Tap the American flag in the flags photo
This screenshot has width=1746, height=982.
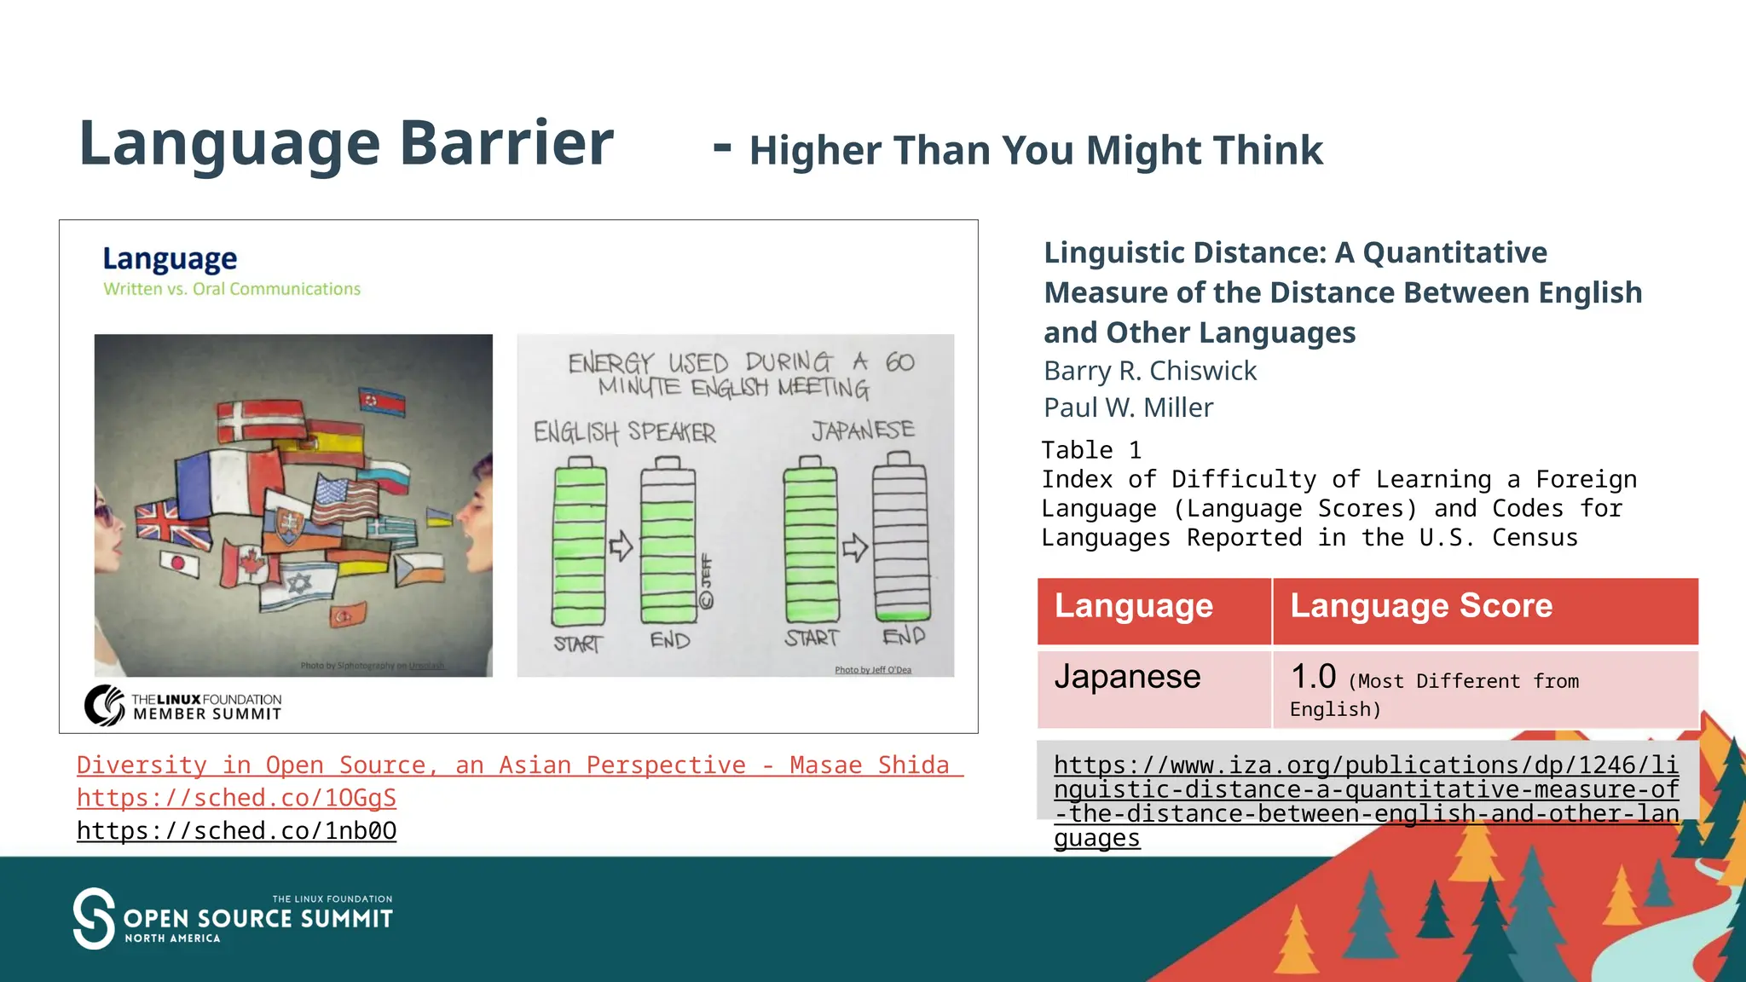(344, 500)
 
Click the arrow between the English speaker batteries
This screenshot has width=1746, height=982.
(621, 546)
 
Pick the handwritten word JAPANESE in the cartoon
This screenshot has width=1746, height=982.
(863, 430)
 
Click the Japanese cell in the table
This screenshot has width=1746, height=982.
(1127, 677)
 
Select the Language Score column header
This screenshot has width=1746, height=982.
(1420, 606)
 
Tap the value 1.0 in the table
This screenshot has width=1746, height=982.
(1313, 677)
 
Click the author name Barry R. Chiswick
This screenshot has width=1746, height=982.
(1149, 371)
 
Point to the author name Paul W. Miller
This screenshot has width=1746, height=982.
(1127, 407)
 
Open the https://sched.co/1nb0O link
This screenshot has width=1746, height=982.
(236, 830)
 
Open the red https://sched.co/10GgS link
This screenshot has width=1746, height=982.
(236, 798)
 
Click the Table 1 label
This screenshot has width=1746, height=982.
(1090, 450)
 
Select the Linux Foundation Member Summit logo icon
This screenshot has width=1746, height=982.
(105, 705)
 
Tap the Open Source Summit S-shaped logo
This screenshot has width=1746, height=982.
(94, 918)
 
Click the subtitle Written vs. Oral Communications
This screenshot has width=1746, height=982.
(232, 289)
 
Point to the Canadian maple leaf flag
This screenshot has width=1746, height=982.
(246, 563)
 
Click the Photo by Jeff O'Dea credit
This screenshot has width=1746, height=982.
(872, 670)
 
